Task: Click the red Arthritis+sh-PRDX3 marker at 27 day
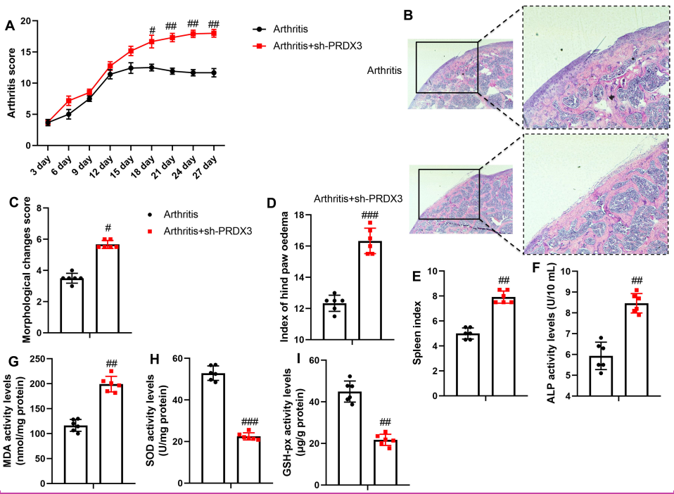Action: (213, 33)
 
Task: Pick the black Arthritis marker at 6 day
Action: (68, 114)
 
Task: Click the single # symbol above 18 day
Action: (151, 30)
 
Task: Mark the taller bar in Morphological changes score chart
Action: (107, 288)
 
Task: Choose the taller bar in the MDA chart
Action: (110, 433)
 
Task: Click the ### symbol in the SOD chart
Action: (249, 422)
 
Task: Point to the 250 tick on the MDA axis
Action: (44, 360)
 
